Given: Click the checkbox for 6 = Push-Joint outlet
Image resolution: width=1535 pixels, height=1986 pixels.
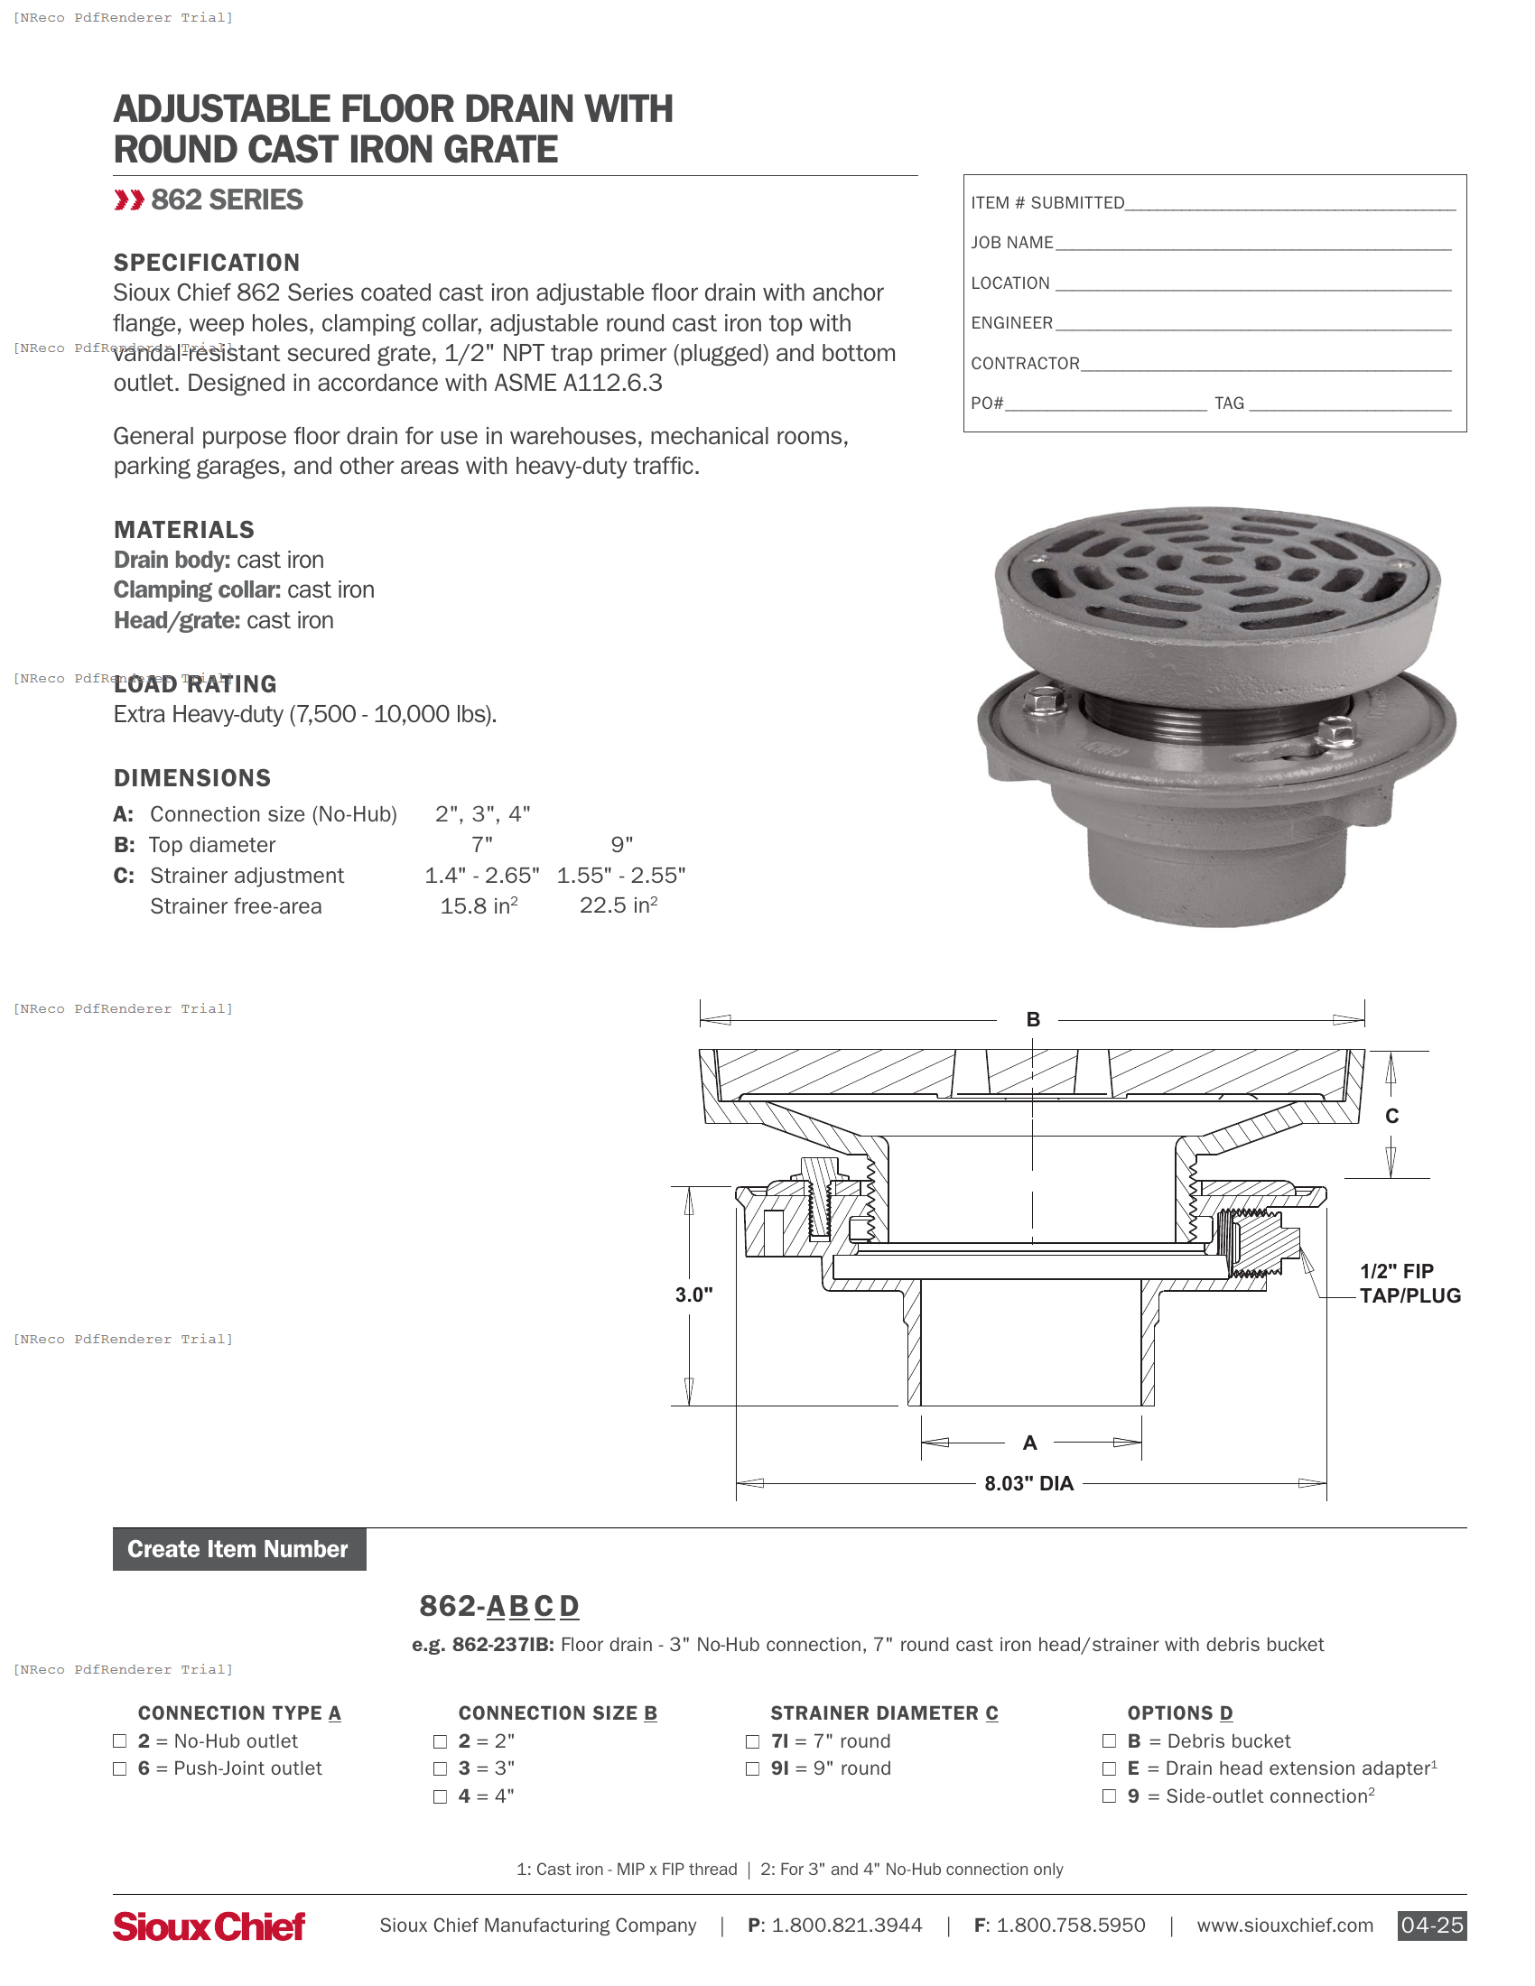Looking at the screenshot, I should point(119,1768).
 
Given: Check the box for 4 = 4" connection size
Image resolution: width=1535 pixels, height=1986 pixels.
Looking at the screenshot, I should point(440,1796).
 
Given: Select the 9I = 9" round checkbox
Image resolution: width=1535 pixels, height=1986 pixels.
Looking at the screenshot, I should point(752,1768).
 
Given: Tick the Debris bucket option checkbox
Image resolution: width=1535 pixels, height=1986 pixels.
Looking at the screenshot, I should point(1109,1740).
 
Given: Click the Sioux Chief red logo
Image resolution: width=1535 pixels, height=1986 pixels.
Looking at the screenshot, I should point(209,1926).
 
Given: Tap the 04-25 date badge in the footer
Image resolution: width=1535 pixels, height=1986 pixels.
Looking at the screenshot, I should point(1431,1926).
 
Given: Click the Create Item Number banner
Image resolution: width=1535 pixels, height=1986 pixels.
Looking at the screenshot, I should point(239,1548).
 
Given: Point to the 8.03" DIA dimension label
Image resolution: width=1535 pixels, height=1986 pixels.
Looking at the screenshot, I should point(1028,1483).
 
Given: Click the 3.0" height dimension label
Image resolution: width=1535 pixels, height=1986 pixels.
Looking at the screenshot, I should point(693,1294).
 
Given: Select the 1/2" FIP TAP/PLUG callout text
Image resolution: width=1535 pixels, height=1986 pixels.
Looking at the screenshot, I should point(1409,1283).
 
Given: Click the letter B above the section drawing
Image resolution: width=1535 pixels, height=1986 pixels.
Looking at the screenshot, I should point(1033,1019).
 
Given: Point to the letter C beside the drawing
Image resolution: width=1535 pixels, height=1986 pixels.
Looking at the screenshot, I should point(1391,1116).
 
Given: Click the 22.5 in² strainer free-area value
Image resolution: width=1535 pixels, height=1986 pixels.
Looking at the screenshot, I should point(619,905).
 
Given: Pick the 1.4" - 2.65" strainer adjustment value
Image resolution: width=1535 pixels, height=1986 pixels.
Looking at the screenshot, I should point(481,875).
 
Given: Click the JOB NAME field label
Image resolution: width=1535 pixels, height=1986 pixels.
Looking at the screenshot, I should point(1011,243).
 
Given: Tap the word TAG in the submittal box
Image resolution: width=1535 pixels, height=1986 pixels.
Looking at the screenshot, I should point(1229,403).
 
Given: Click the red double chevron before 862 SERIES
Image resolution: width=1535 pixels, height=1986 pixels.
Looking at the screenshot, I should point(128,200).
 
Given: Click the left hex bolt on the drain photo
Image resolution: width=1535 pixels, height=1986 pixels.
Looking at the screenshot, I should point(1044,701).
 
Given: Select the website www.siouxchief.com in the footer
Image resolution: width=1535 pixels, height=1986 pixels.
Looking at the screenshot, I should point(1284,1926).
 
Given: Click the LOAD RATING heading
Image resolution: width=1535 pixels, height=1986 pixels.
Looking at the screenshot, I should point(195,684).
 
